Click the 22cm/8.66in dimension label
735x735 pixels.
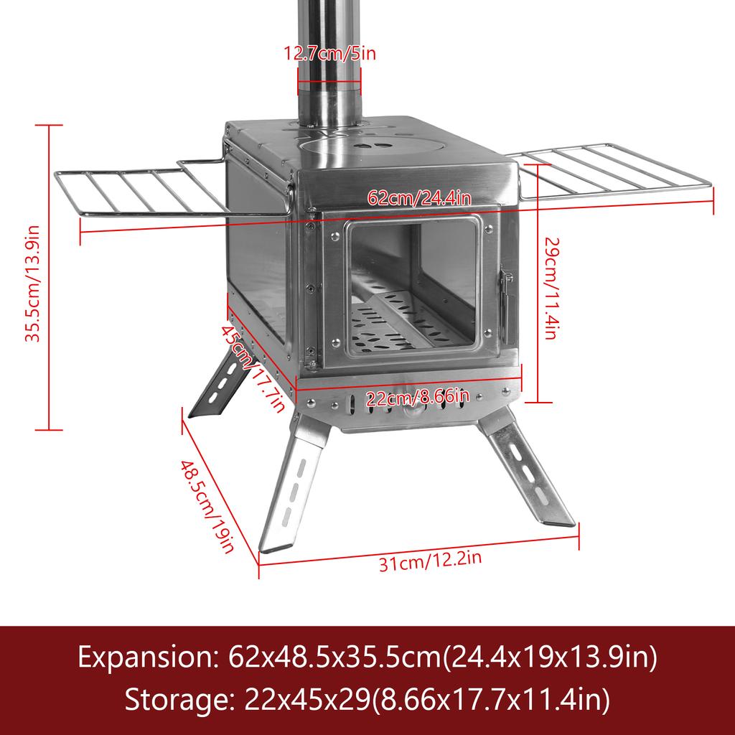418,397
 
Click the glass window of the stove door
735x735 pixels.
412,287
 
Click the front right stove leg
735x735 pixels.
528,477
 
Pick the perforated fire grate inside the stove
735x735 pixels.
402,323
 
